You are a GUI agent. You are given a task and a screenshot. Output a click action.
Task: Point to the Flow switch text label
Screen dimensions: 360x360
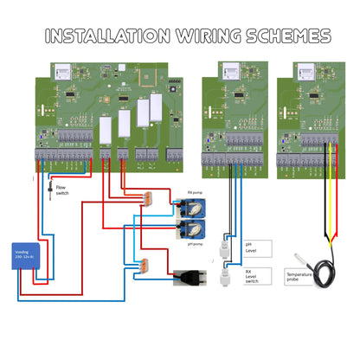[x=62, y=190]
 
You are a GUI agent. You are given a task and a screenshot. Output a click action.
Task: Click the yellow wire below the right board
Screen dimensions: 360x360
[x=328, y=199]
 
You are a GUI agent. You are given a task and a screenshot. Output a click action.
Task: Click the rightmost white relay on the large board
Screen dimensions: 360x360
[x=156, y=107]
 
